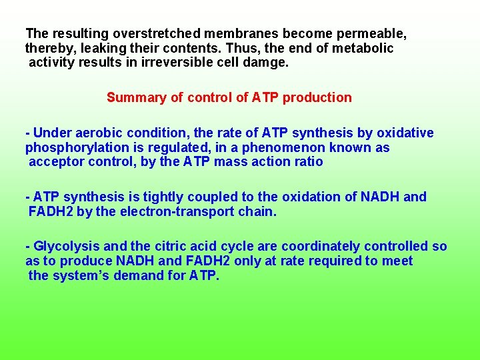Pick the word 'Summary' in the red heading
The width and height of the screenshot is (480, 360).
pyautogui.click(x=135, y=97)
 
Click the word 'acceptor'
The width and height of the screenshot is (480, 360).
pyautogui.click(x=53, y=162)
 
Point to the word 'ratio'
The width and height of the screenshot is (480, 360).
pyautogui.click(x=307, y=162)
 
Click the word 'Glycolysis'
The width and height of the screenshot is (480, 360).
pyautogui.click(x=64, y=246)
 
